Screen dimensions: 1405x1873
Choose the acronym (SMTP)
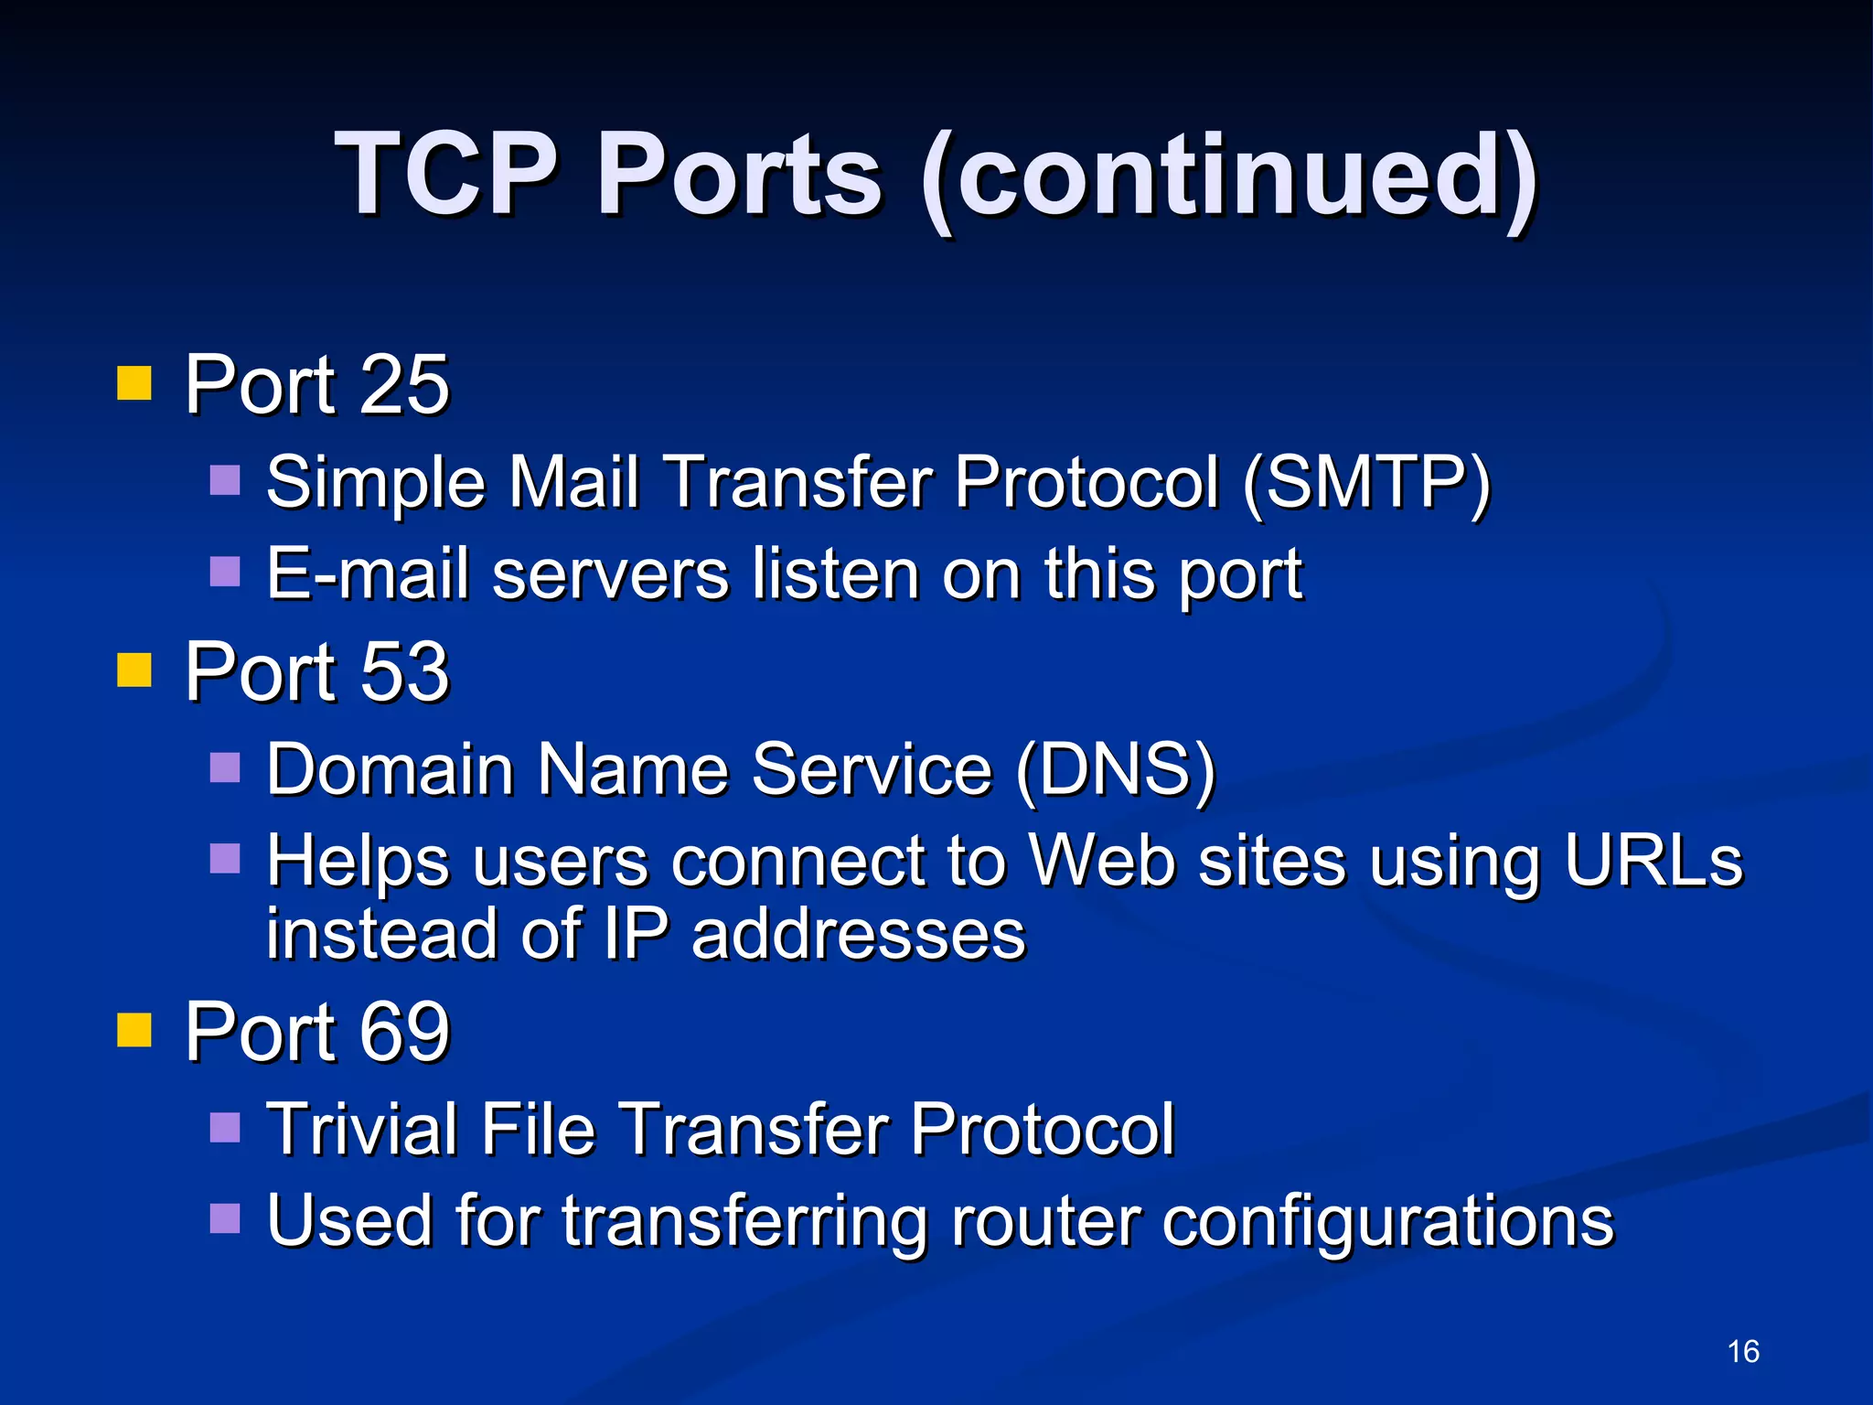(1366, 482)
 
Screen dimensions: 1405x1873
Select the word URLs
(1654, 861)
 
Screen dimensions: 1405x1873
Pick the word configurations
(1388, 1222)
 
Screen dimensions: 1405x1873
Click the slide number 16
(1743, 1351)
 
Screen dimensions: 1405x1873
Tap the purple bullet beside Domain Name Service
(225, 768)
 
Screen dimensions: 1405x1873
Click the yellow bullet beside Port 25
(134, 383)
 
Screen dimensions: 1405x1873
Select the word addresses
(858, 934)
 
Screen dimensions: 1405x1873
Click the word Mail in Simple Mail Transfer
(573, 482)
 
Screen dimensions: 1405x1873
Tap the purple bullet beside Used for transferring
(225, 1218)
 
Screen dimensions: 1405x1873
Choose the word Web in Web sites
(1101, 861)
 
